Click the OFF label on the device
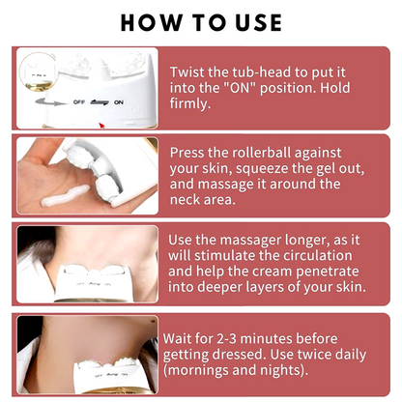(79, 102)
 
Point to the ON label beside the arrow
(119, 102)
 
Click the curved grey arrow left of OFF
(50, 102)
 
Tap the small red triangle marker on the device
(102, 125)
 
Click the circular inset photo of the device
(39, 72)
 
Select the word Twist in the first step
(187, 72)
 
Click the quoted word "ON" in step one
(237, 88)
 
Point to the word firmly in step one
(190, 103)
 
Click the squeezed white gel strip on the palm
(66, 196)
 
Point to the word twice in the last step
(315, 355)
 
